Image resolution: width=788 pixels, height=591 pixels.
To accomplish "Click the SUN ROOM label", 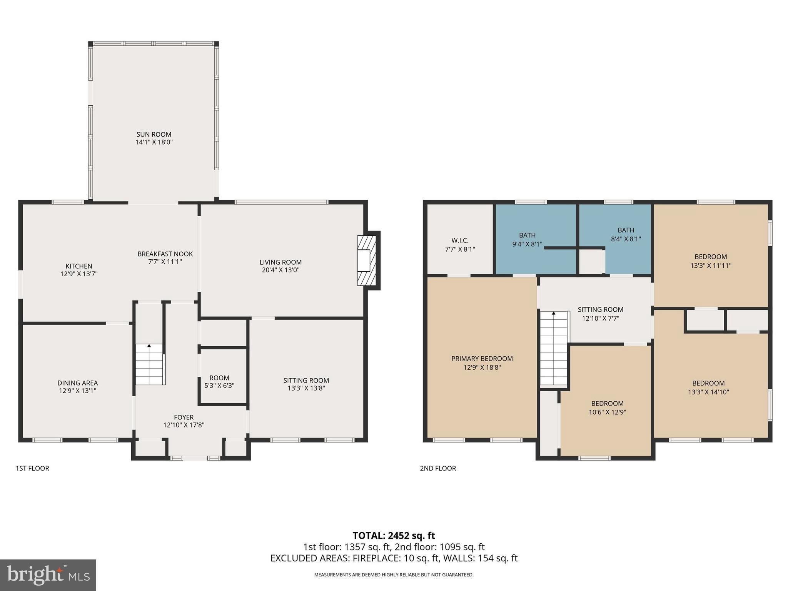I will point(154,134).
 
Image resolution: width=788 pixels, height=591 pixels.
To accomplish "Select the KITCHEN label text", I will point(79,266).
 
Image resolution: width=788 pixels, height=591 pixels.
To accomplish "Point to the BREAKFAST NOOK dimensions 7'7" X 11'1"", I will point(165,262).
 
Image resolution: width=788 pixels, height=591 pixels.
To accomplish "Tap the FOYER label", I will point(184,417).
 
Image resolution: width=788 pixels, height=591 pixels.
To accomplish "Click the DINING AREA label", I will point(78,383).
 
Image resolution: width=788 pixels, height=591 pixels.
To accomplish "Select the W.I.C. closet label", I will point(460,240).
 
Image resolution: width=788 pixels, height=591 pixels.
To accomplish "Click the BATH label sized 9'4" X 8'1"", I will point(527,235).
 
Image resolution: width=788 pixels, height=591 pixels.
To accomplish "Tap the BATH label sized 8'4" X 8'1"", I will point(626,230).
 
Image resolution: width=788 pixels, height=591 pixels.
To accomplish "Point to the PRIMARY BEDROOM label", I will point(482,359).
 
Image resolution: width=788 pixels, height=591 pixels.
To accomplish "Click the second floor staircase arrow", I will point(554,314).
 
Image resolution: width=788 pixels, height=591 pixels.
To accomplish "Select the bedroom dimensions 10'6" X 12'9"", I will point(607,412).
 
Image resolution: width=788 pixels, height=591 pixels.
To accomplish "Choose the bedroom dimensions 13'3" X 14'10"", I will point(708,392).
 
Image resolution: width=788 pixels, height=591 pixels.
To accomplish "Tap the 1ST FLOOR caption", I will point(32,468).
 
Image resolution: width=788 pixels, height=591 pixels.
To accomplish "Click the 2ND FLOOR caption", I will point(438,468).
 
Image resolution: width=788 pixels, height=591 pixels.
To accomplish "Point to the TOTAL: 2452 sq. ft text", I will point(394,536).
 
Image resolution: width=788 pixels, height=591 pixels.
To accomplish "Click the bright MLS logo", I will point(48,575).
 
